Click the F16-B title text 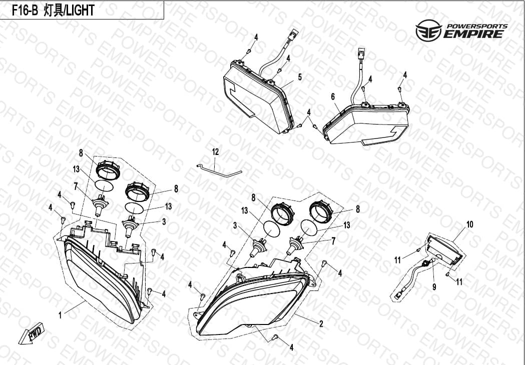[x=54, y=10]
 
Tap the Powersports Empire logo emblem [x=428, y=30]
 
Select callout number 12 [x=215, y=152]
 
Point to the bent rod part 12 [x=219, y=170]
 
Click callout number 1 [x=60, y=315]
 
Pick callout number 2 [x=321, y=323]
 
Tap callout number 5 [x=300, y=77]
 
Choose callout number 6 [x=333, y=96]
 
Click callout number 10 [x=470, y=224]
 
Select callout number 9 [x=434, y=286]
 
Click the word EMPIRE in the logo [x=473, y=34]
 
